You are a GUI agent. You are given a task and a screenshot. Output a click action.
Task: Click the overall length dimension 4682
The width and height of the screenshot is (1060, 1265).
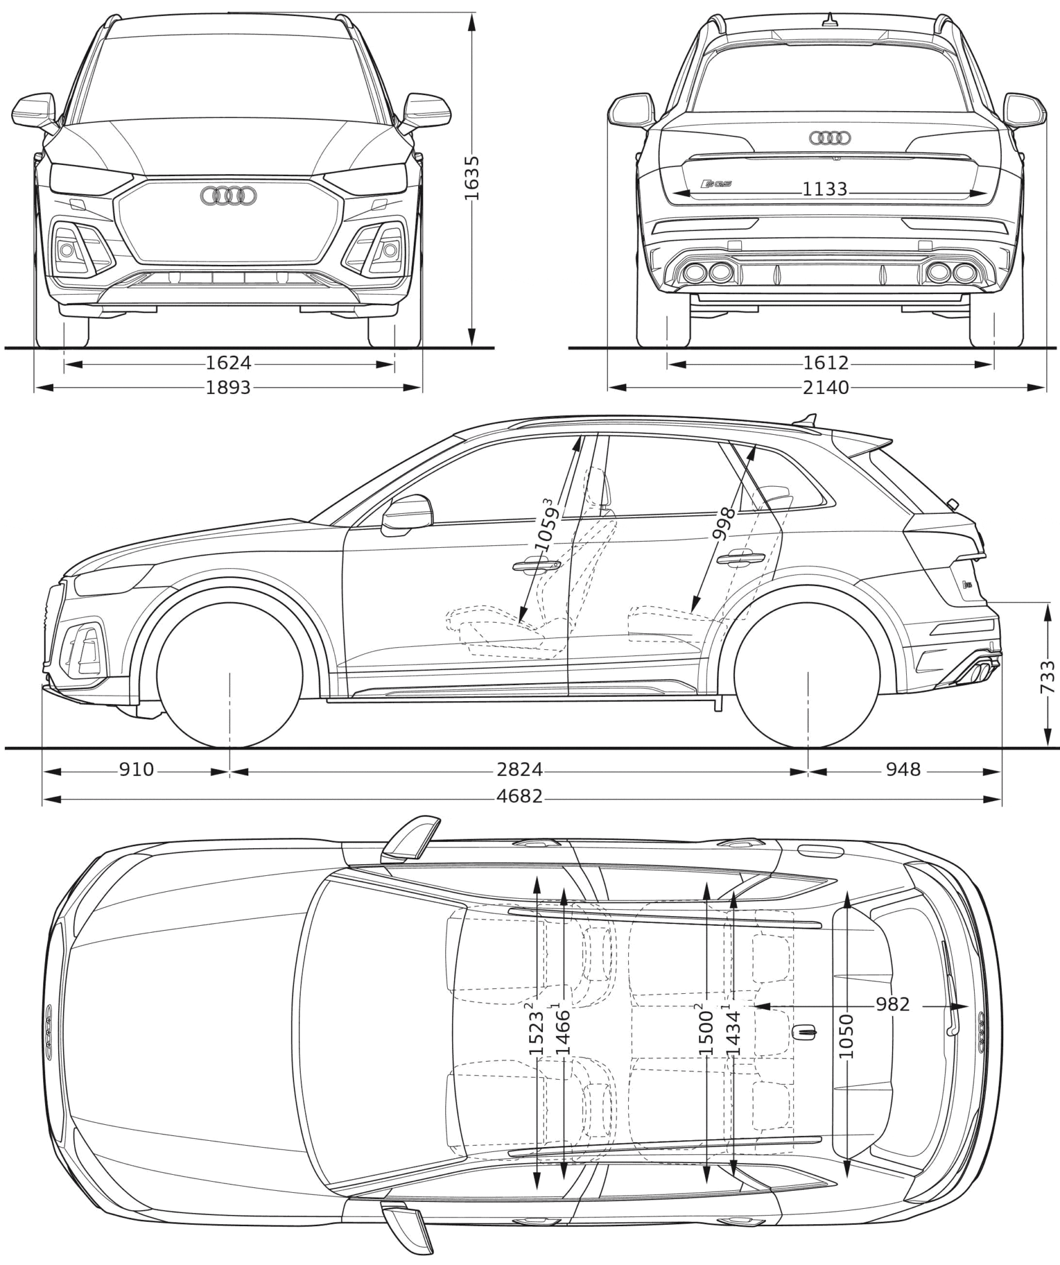[519, 796]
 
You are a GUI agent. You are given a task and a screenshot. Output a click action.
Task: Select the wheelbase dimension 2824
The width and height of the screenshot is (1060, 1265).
[519, 770]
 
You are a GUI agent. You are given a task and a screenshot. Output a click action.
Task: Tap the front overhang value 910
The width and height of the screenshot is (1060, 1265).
[136, 770]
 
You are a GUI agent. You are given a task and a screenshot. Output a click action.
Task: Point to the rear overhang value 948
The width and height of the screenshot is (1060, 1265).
[903, 770]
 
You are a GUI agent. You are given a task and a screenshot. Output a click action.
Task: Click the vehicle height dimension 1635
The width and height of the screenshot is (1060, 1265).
[471, 179]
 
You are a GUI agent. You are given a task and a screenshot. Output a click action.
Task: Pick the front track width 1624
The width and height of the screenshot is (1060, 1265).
[229, 363]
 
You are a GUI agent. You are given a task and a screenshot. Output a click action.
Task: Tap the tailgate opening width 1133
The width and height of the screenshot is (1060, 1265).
[825, 189]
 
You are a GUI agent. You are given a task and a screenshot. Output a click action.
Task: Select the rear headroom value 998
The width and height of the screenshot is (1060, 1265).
[723, 524]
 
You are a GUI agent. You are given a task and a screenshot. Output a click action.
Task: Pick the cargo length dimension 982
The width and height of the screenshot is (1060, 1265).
[893, 1004]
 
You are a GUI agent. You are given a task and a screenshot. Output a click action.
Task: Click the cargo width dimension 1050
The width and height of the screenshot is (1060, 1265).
[846, 1036]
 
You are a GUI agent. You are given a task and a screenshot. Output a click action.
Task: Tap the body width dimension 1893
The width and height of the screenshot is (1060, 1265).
[229, 387]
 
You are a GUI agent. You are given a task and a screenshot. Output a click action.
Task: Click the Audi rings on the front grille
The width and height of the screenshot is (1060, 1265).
[229, 196]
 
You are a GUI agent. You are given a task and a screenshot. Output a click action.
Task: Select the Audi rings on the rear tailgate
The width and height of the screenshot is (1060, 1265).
[830, 138]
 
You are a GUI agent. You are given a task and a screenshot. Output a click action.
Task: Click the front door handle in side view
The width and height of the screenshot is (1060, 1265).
[536, 565]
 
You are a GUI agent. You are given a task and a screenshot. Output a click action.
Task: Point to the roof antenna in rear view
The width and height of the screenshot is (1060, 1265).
[831, 20]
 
